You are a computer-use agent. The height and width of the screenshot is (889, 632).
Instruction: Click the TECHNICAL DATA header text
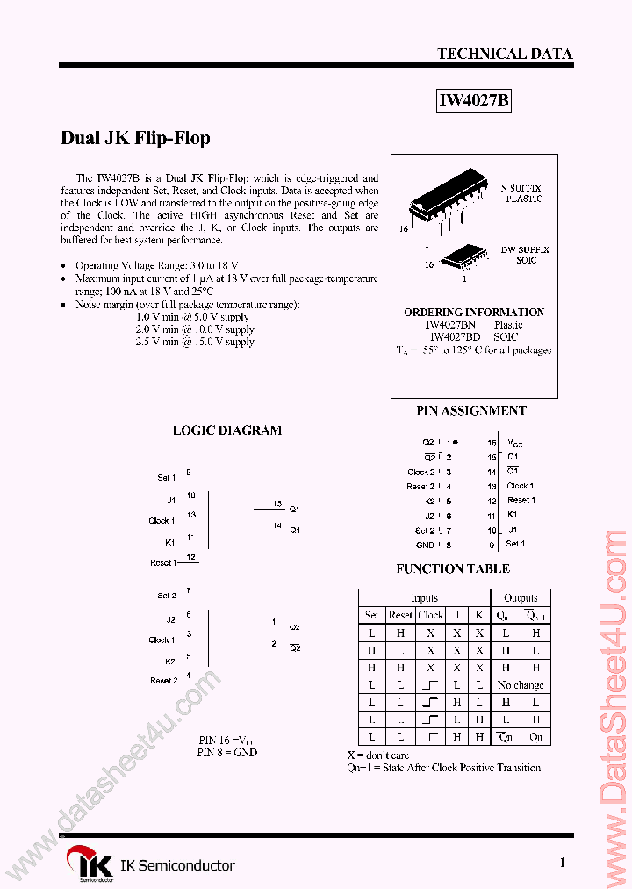pos(505,54)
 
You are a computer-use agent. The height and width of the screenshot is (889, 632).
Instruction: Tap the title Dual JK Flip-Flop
pos(135,138)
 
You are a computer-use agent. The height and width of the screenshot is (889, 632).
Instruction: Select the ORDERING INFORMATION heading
pos(474,312)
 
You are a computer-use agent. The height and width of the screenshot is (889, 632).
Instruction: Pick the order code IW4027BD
pos(455,336)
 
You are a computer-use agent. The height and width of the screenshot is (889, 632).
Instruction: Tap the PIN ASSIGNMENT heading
pos(471,410)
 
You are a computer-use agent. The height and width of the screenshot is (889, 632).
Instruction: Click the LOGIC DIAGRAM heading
pos(227,430)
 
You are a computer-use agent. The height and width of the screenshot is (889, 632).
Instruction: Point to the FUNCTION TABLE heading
pos(453,568)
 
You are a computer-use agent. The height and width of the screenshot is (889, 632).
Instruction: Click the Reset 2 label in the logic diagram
pos(163,680)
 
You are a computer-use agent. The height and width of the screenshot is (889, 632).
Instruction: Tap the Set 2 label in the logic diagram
pos(167,596)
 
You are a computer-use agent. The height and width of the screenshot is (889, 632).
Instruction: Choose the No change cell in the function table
pos(521,684)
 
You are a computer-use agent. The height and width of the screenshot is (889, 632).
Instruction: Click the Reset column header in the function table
pos(400,615)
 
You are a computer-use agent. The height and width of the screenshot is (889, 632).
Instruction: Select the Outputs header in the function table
pos(521,597)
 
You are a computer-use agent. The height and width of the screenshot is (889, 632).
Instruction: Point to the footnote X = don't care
pos(377,755)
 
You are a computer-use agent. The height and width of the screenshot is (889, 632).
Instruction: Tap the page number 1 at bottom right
pos(562,863)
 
